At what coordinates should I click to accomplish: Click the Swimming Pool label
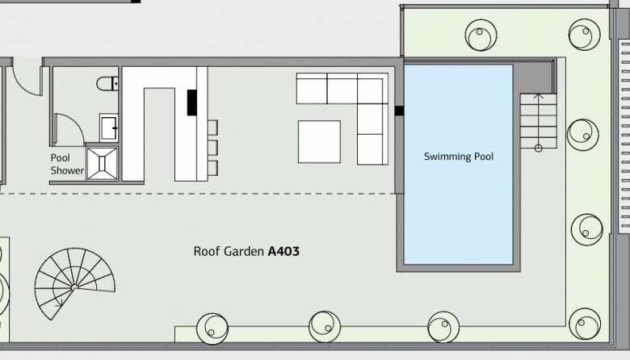coord(459,157)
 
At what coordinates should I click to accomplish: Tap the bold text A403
coord(283,252)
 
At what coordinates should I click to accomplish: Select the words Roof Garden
coord(229,252)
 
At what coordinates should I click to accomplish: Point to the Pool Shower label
coord(67,164)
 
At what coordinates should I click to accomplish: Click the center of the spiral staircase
coord(74,287)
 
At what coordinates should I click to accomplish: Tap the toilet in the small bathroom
coord(107,83)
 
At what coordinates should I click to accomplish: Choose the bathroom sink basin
coord(108,128)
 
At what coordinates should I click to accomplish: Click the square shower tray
coord(102,163)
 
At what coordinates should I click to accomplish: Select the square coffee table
coord(319,142)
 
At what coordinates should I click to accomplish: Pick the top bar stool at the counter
coord(212,128)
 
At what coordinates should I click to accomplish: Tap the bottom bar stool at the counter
coord(212,168)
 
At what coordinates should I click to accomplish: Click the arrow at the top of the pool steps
coord(539,96)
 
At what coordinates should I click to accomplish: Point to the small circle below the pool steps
coord(539,149)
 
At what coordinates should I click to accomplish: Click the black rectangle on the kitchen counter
coord(192,103)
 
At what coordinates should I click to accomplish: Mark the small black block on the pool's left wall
coord(399,111)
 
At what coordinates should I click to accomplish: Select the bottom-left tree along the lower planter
coord(212,329)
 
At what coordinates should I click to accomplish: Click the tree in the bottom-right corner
coord(585,324)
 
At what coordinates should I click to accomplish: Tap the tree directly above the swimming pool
coord(481,35)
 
